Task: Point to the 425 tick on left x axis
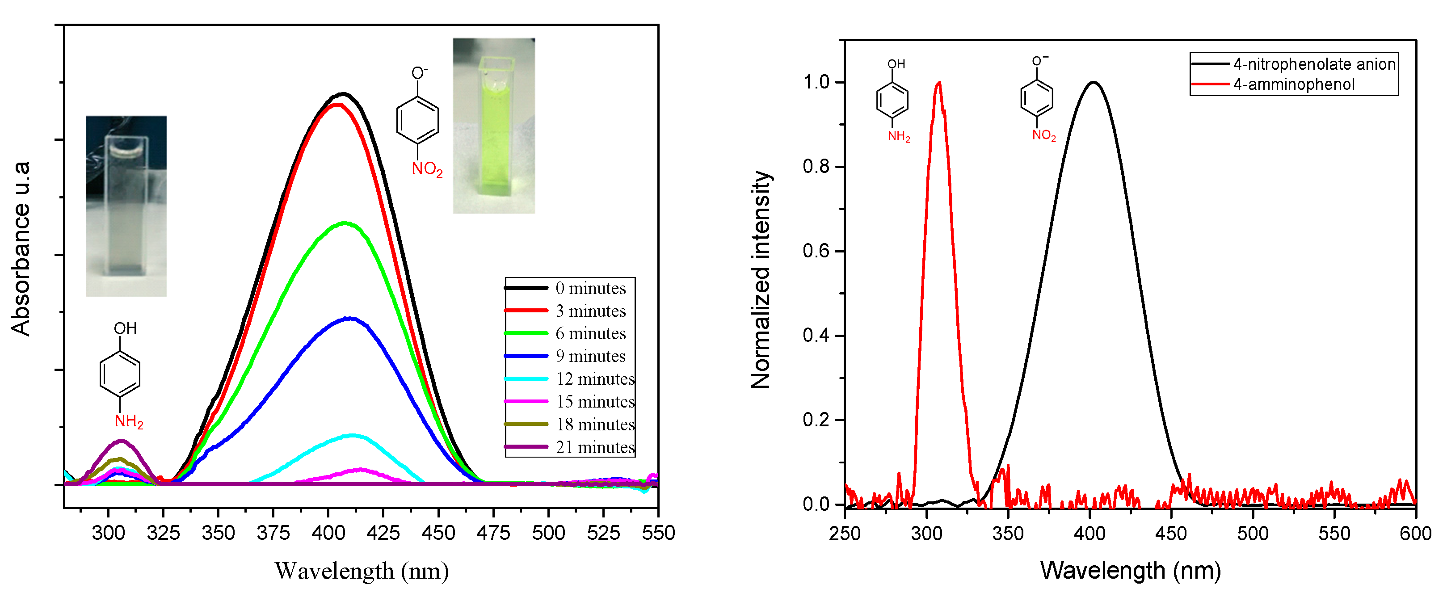383,532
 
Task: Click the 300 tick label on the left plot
109,532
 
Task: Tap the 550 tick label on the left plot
658,532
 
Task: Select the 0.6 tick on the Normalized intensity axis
816,251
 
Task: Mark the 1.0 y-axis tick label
816,82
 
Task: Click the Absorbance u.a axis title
21,249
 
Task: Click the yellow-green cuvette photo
494,126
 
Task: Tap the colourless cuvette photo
126,206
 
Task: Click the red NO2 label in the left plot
427,168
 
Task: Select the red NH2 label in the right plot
898,136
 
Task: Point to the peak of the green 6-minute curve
345,223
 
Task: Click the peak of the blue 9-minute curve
349,319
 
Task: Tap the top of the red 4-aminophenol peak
938,83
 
